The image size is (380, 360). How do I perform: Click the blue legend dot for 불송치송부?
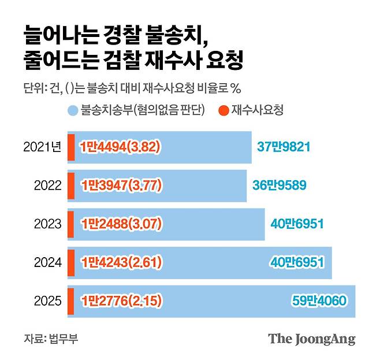click(x=72, y=109)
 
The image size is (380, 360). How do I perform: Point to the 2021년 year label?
click(x=42, y=147)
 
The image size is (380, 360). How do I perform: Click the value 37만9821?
click(x=285, y=147)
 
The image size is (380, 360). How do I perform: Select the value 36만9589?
click(x=279, y=185)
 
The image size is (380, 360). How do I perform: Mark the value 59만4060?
click(x=318, y=300)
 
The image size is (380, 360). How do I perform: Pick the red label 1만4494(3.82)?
click(x=120, y=147)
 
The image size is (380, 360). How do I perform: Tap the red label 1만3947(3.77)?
click(x=120, y=185)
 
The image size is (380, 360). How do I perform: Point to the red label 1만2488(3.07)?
click(x=120, y=224)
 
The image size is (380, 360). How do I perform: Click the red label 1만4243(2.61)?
click(x=120, y=262)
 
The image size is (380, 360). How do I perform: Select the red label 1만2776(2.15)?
click(x=120, y=300)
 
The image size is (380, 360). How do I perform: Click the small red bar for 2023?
click(x=71, y=224)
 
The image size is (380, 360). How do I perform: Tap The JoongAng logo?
click(x=311, y=339)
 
